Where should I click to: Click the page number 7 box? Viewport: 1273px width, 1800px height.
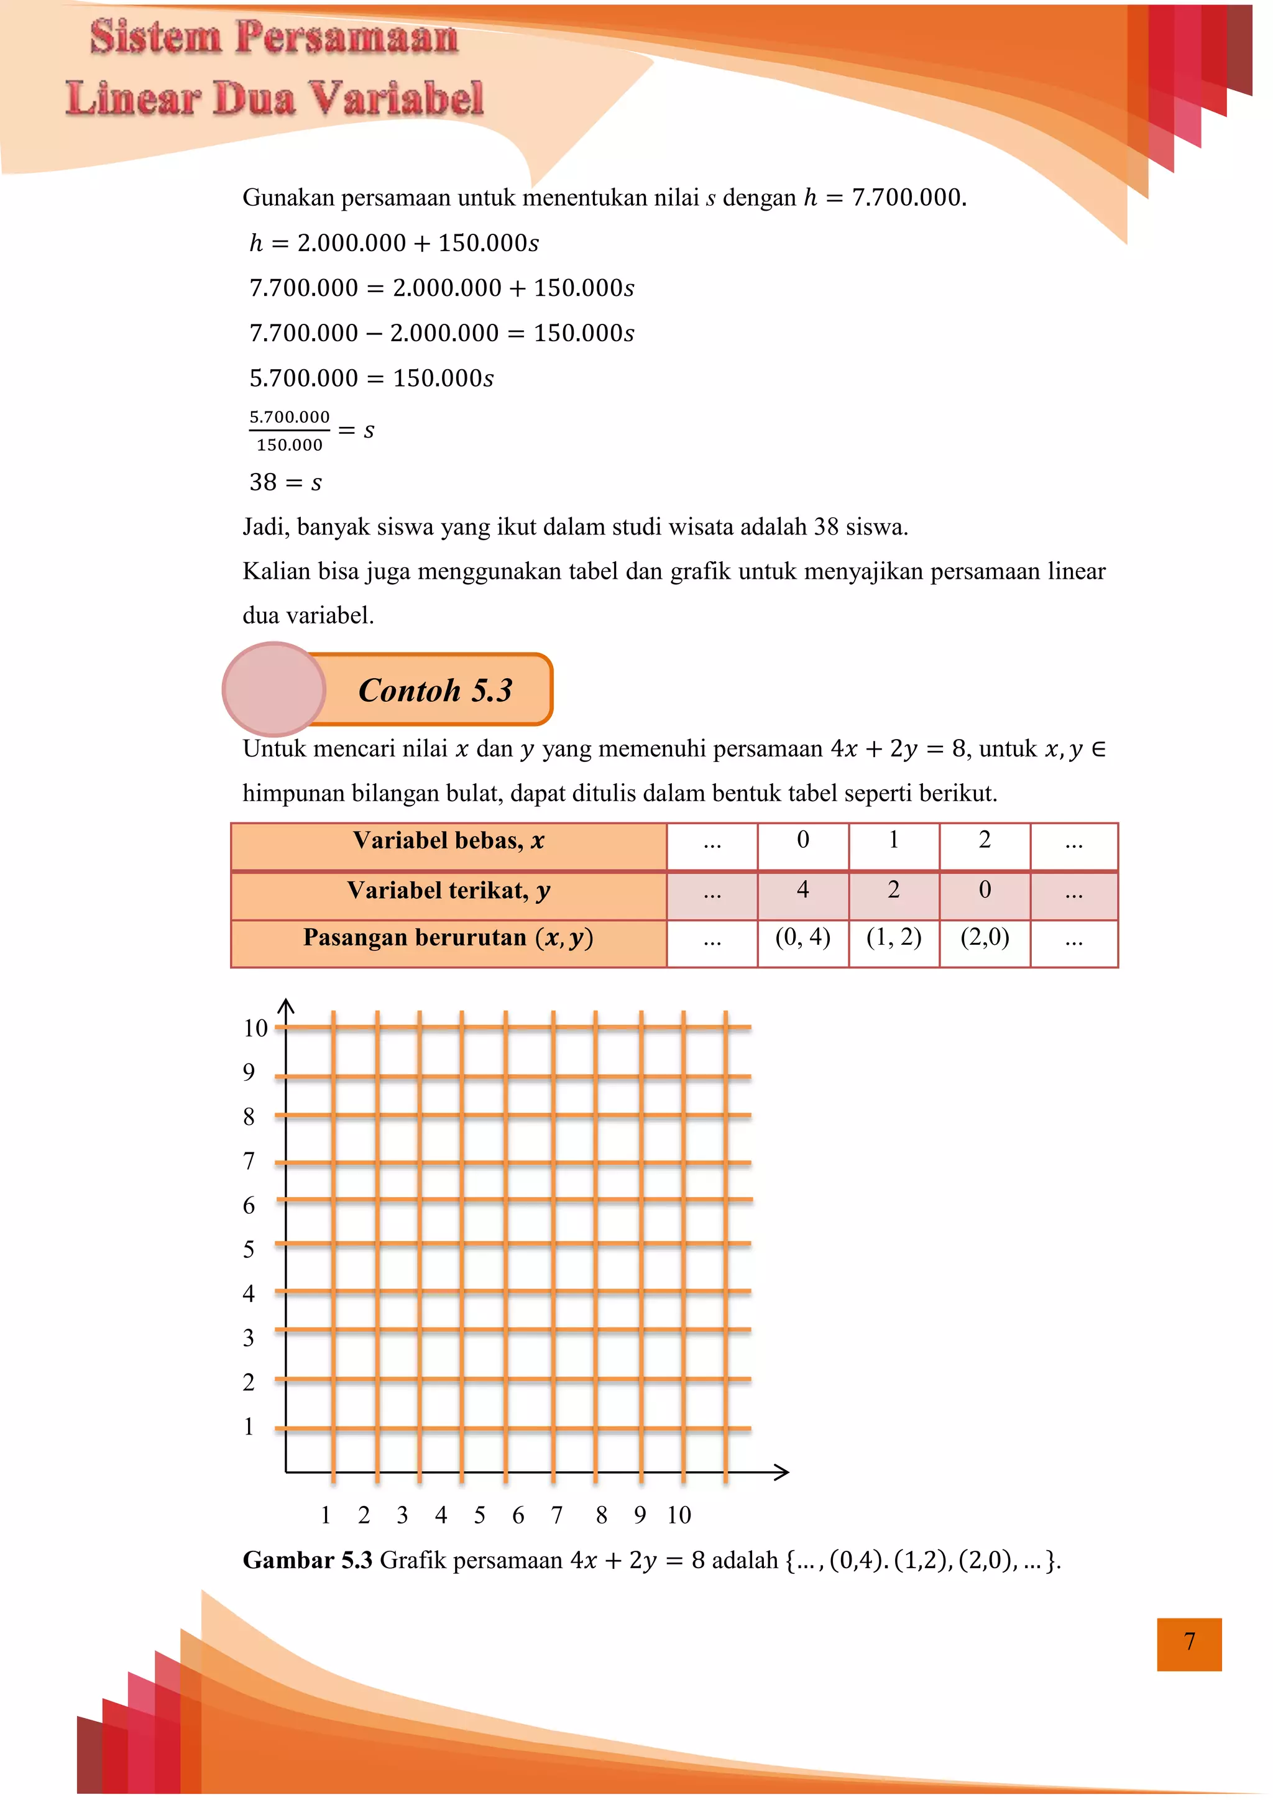pyautogui.click(x=1188, y=1644)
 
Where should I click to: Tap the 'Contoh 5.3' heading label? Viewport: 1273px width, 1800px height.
pyautogui.click(x=435, y=690)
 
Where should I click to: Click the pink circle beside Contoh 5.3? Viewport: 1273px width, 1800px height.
pyautogui.click(x=273, y=689)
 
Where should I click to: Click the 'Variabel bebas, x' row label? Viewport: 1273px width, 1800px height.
pyautogui.click(x=448, y=841)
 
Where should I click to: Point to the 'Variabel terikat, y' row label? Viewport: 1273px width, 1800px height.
pyautogui.click(x=448, y=891)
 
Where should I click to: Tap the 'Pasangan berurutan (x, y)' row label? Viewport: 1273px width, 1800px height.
pyautogui.click(x=448, y=938)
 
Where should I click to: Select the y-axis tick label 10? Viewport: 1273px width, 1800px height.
pyautogui.click(x=255, y=1029)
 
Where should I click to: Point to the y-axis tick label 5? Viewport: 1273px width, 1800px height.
pyautogui.click(x=249, y=1249)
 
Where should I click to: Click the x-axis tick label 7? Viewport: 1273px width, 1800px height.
pyautogui.click(x=556, y=1515)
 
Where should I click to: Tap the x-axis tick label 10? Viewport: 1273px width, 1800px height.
pyautogui.click(x=679, y=1515)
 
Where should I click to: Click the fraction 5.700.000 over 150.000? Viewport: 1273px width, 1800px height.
pyautogui.click(x=289, y=430)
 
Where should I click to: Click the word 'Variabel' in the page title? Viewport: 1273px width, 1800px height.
pyautogui.click(x=395, y=99)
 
